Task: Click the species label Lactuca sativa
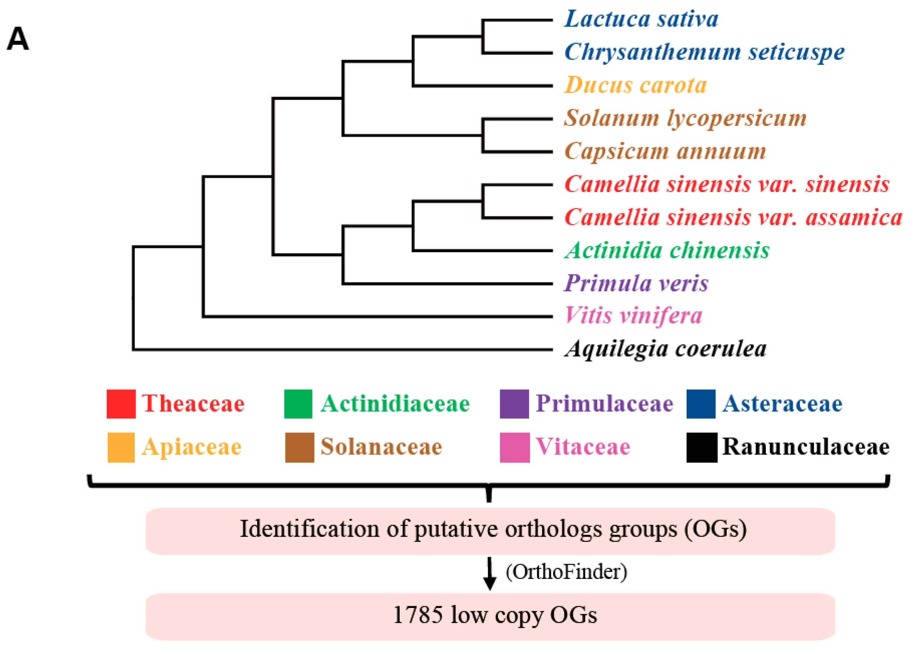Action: [641, 19]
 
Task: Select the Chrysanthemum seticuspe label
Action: [704, 52]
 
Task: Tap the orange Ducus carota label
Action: [635, 85]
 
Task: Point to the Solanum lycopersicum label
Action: [685, 118]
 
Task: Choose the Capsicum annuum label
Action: [665, 152]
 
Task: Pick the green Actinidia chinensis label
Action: [667, 250]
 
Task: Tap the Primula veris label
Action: [636, 283]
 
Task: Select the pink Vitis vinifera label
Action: [633, 316]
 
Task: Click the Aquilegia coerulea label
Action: [665, 349]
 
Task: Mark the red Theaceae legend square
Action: [121, 404]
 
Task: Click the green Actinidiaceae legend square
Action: [298, 404]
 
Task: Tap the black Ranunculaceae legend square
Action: [702, 448]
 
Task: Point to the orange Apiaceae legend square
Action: [121, 448]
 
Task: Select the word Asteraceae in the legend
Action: [782, 404]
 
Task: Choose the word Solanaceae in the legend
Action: [381, 447]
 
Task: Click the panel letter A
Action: [18, 39]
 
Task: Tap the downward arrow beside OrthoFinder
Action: [489, 573]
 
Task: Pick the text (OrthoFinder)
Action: [566, 572]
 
